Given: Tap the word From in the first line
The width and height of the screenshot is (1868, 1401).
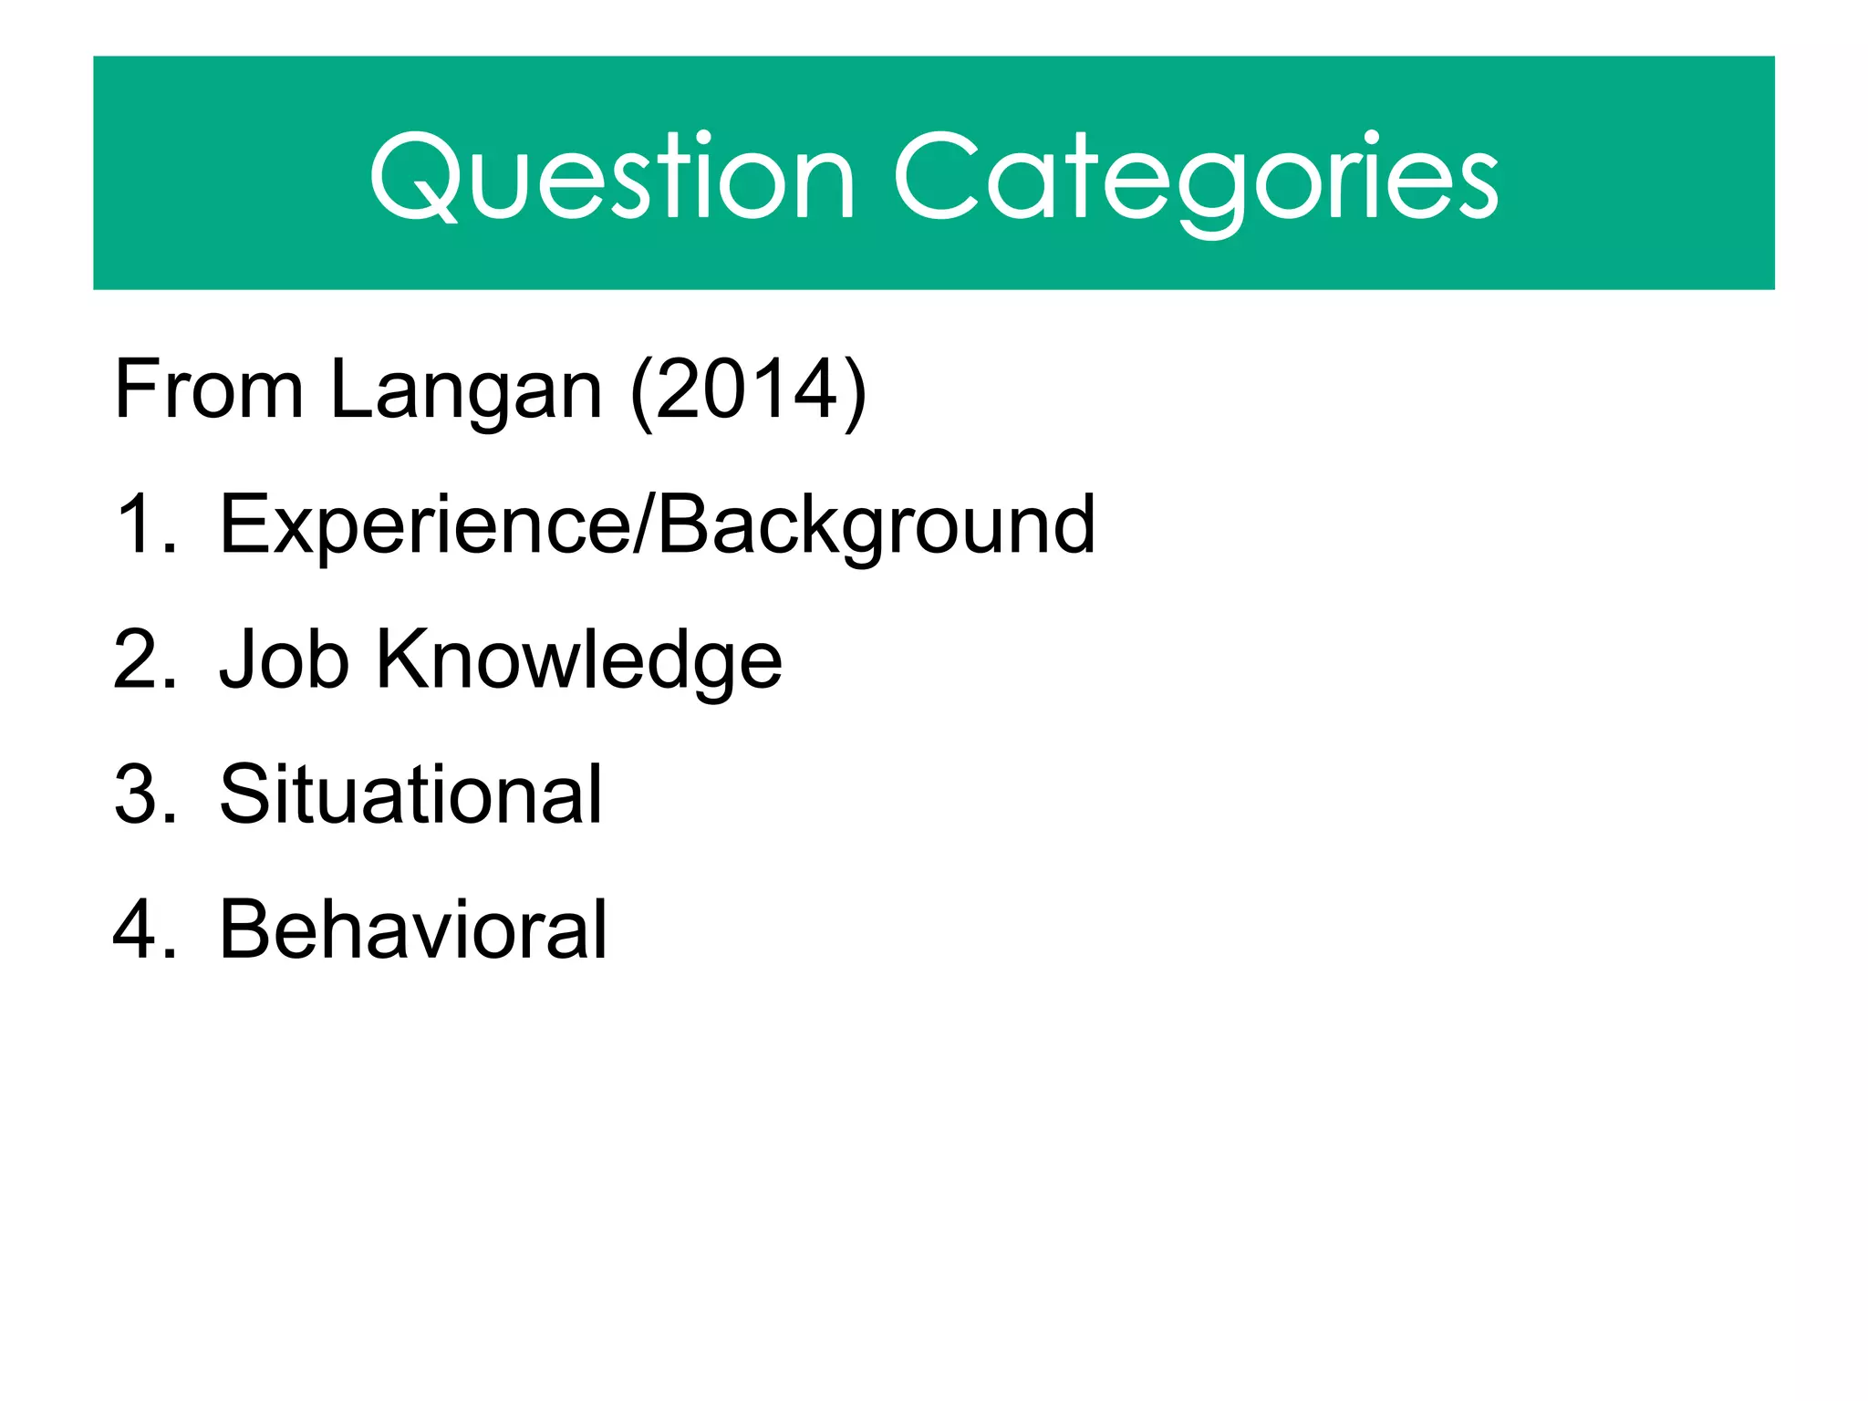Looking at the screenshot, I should pyautogui.click(x=208, y=390).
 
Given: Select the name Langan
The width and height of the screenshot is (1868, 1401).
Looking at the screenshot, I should pyautogui.click(x=465, y=390).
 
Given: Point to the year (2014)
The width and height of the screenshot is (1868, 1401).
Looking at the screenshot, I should pyautogui.click(x=748, y=390).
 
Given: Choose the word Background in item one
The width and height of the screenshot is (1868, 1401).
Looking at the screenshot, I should pyautogui.click(x=876, y=524).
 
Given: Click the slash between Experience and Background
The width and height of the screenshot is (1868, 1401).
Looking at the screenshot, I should pyautogui.click(x=644, y=524).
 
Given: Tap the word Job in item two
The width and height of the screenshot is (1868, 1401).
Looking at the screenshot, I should pyautogui.click(x=284, y=659).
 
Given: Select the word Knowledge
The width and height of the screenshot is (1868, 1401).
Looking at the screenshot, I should pyautogui.click(x=578, y=659).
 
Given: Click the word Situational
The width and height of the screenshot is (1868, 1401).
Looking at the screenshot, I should pyautogui.click(x=410, y=794).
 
